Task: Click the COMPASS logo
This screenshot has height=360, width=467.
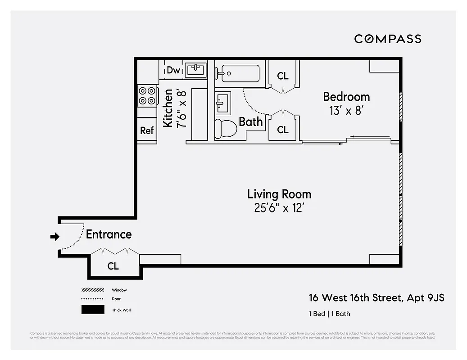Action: [387, 39]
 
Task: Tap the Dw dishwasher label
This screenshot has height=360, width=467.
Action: [173, 70]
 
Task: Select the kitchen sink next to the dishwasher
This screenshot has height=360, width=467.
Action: [195, 70]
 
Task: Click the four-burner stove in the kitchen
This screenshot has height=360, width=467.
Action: [147, 95]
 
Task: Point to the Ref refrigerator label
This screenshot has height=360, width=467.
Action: [147, 130]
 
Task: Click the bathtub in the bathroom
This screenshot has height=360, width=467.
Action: [237, 72]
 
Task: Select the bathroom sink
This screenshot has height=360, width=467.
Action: [222, 103]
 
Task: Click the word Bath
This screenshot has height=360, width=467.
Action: [250, 121]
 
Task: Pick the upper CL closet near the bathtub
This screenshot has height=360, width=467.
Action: [282, 76]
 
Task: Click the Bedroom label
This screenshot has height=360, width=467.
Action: [346, 97]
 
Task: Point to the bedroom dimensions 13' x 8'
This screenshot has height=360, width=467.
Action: [346, 111]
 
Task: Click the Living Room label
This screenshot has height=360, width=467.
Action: [279, 194]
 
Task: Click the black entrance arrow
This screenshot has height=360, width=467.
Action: [54, 236]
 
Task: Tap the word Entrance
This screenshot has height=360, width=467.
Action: [109, 234]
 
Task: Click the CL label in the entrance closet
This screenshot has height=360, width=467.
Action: [113, 266]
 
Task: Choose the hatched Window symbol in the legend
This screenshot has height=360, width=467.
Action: [93, 290]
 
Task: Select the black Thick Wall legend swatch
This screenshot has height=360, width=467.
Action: [93, 310]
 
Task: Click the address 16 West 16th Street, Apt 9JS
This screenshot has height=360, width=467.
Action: [376, 298]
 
